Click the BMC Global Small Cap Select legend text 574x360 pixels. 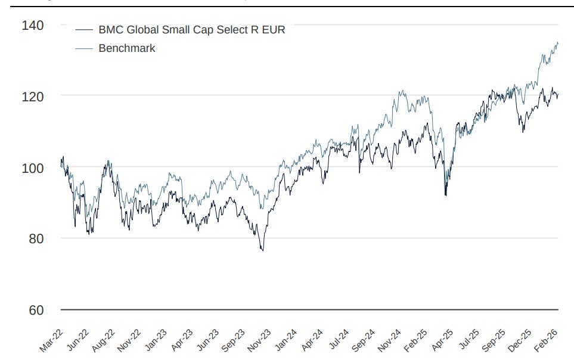click(191, 30)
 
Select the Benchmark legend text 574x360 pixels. click(126, 48)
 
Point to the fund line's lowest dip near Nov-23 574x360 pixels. click(262, 250)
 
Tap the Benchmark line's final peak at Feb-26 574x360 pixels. click(557, 42)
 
